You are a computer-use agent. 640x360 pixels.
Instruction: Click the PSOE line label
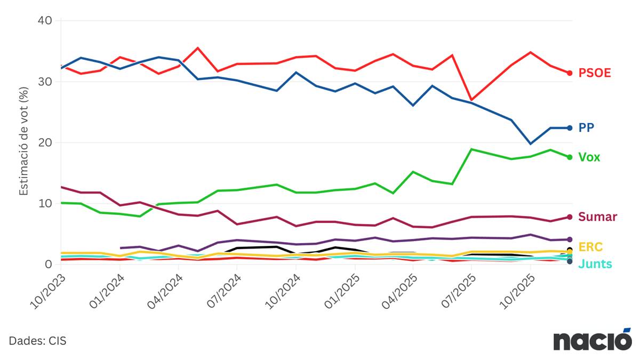click(x=595, y=73)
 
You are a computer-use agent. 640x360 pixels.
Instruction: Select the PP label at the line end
click(x=586, y=127)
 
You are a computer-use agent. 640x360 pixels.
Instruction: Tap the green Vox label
click(x=589, y=157)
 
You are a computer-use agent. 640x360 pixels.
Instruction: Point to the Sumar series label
click(x=597, y=217)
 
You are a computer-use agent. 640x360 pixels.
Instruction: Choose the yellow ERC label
click(x=590, y=246)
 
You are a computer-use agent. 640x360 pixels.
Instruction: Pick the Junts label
click(x=595, y=264)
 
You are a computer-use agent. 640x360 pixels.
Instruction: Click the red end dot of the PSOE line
click(x=570, y=73)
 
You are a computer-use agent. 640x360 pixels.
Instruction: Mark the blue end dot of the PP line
click(x=570, y=128)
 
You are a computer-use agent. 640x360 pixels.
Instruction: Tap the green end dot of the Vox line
click(x=570, y=157)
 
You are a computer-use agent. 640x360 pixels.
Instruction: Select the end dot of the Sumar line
click(x=570, y=217)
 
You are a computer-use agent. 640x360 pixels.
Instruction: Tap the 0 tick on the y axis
click(x=48, y=265)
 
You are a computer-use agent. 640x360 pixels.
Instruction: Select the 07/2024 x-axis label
click(x=223, y=292)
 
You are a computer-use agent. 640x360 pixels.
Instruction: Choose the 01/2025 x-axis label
click(x=342, y=292)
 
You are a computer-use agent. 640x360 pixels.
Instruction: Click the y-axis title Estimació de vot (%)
click(x=24, y=142)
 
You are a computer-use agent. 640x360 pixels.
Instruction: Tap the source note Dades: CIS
click(x=37, y=341)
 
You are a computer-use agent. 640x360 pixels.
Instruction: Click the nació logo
click(x=592, y=340)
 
